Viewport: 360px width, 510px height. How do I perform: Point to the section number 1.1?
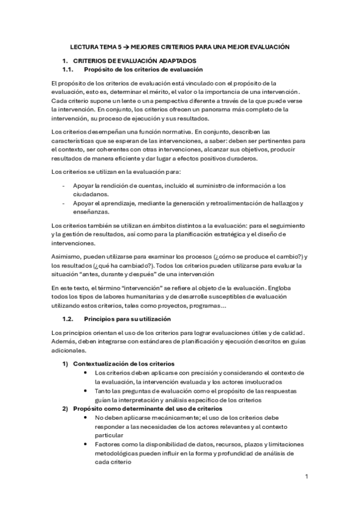coord(68,70)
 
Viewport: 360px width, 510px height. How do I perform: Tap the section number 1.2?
coord(68,318)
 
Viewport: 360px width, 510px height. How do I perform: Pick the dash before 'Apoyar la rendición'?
coord(64,185)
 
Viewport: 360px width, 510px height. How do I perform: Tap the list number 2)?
coord(65,408)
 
